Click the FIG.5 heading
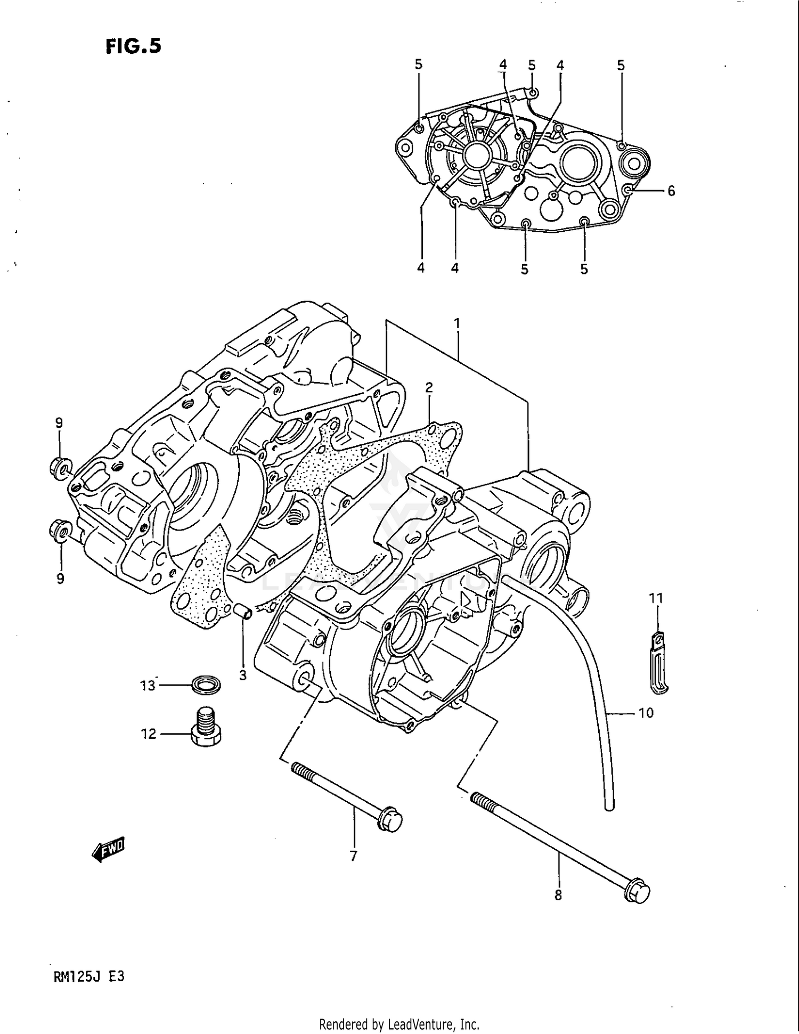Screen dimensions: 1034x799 coord(133,46)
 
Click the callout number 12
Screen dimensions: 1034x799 coord(148,734)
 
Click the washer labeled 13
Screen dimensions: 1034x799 coord(206,685)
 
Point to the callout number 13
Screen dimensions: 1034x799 coord(148,686)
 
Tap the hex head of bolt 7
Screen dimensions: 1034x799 coord(391,823)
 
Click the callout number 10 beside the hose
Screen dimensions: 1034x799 coord(646,713)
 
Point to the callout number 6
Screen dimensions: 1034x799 coord(671,191)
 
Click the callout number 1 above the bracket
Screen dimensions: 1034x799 coord(456,323)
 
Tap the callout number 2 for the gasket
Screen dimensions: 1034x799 coord(429,387)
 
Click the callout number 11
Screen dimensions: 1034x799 coord(656,598)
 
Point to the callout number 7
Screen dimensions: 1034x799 coord(353,856)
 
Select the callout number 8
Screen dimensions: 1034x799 coord(558,895)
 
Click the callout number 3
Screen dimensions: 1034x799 coord(242,675)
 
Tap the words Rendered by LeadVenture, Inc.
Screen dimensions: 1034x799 coord(399,1024)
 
